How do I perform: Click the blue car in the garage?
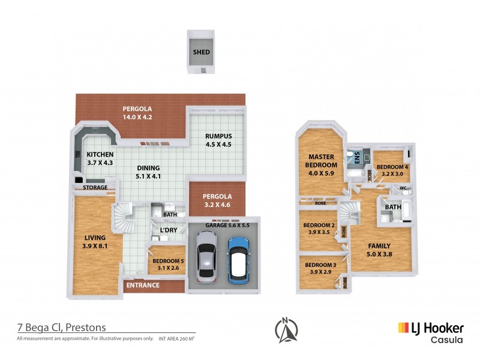point(238,259)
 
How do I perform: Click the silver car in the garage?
point(206,259)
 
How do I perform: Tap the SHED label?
point(201,52)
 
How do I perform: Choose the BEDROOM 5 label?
point(169,262)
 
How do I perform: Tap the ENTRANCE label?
point(143,285)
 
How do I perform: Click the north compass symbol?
point(286,329)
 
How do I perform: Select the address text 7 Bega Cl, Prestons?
point(61,328)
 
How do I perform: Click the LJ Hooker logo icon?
point(403,328)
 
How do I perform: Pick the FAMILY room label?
point(379,246)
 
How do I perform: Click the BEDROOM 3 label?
point(320,265)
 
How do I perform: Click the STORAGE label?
point(95,187)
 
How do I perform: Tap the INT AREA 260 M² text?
point(177,339)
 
